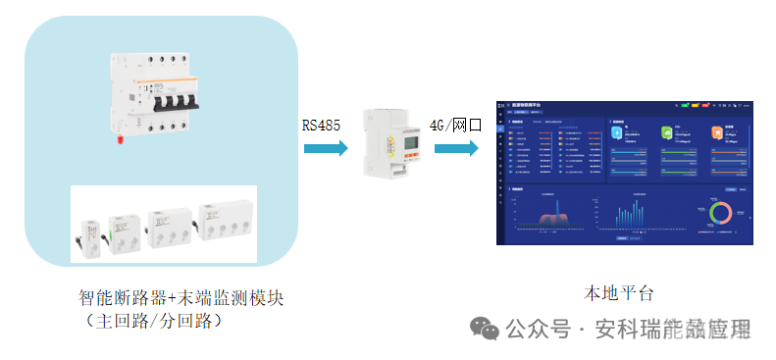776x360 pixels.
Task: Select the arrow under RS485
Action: [326, 148]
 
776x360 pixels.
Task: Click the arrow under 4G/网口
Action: [456, 148]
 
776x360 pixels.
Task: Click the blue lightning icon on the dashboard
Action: [617, 131]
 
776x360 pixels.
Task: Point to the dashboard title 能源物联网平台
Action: [525, 103]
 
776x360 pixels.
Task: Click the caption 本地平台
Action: [619, 293]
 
